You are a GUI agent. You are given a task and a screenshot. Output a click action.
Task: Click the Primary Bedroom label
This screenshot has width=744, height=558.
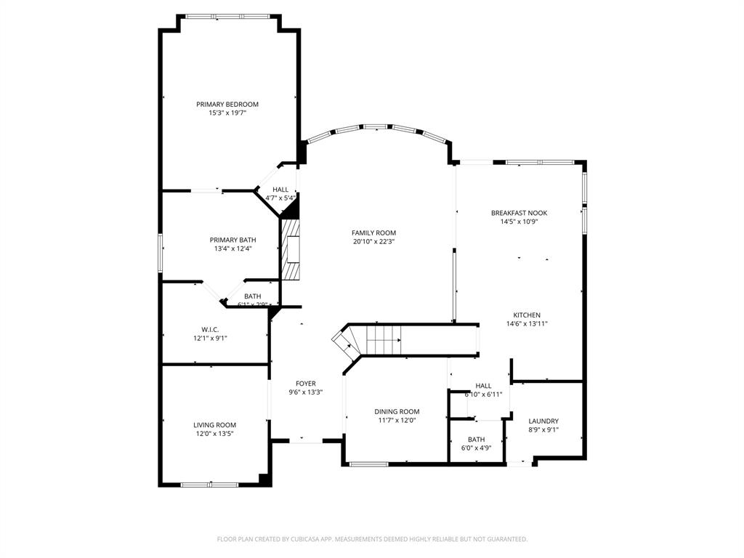(x=227, y=104)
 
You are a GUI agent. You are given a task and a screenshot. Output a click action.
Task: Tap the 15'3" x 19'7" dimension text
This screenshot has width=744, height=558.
(x=227, y=113)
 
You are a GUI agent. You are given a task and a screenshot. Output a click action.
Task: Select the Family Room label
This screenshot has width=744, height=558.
(x=373, y=232)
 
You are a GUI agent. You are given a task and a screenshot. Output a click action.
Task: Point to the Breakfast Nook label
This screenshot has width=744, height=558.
(x=519, y=213)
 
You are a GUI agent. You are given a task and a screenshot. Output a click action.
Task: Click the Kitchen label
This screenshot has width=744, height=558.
(x=527, y=315)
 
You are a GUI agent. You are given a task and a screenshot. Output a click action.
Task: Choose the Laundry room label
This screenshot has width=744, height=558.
(x=543, y=421)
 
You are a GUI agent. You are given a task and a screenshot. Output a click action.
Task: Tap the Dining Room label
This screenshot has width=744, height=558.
(x=397, y=411)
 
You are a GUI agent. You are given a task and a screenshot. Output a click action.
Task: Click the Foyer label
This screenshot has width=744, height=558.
(x=305, y=384)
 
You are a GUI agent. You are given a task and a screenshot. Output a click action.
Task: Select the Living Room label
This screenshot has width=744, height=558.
(x=214, y=425)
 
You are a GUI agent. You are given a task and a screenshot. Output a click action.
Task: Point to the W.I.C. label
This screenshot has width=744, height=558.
(x=210, y=329)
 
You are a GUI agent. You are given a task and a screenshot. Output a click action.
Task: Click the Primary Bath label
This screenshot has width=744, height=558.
(x=232, y=240)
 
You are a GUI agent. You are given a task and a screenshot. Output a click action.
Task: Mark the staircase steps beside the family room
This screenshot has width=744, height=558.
(x=383, y=339)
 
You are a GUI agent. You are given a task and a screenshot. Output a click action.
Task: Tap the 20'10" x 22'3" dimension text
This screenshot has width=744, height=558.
(x=373, y=242)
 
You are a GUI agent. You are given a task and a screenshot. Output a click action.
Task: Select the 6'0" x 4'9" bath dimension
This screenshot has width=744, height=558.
(x=476, y=448)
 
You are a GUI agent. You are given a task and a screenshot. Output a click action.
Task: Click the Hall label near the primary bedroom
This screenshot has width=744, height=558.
(x=280, y=189)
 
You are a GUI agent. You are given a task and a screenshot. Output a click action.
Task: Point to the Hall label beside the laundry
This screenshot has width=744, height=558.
(x=483, y=386)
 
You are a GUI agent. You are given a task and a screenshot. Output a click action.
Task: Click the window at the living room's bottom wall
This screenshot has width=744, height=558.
(x=209, y=484)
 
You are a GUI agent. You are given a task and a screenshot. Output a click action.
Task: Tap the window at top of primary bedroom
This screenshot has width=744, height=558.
(x=227, y=16)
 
